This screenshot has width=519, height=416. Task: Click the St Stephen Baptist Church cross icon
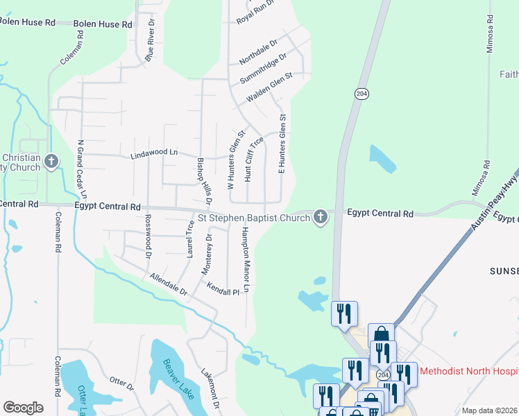point(321,218)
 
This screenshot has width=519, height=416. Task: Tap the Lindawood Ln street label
point(154,153)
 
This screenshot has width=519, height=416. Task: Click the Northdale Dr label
point(258,51)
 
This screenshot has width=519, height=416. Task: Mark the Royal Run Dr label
point(255,12)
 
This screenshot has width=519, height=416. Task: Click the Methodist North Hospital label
point(469,371)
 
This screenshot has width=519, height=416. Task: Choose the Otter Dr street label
point(121,383)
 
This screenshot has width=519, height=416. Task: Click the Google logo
point(24,408)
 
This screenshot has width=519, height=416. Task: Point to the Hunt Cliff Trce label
point(253,159)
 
